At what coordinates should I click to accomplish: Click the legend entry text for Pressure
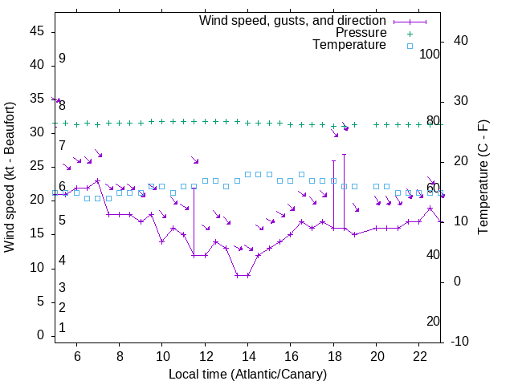[361, 33]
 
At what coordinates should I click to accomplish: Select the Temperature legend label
[349, 45]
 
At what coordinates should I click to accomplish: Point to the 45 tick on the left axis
[37, 31]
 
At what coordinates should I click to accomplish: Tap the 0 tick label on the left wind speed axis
[41, 336]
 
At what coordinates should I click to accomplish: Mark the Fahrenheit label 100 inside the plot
[430, 55]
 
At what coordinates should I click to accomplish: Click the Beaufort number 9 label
[62, 59]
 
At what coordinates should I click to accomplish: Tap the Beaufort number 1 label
[62, 328]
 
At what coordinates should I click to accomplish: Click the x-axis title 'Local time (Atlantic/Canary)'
[247, 374]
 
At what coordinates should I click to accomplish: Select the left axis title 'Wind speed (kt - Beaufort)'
[10, 176]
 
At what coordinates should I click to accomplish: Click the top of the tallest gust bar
[344, 154]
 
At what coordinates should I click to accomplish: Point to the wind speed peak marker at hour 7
[98, 180]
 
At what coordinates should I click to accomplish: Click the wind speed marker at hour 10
[162, 241]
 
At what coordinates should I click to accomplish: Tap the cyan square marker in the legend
[409, 46]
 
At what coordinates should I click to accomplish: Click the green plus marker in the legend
[409, 34]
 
